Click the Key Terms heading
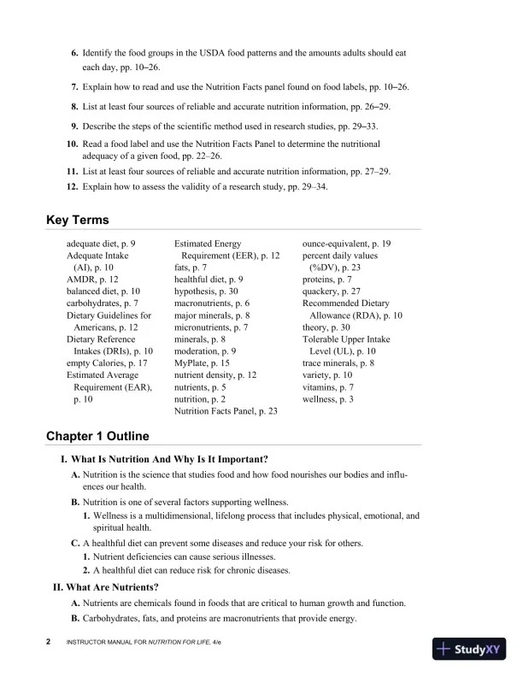click(77, 220)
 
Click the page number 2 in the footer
click(49, 641)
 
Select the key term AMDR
click(82, 280)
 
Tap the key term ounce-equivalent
click(340, 244)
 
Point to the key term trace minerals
click(332, 363)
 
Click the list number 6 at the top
click(74, 54)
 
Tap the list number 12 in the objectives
click(73, 186)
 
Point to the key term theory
click(318, 327)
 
